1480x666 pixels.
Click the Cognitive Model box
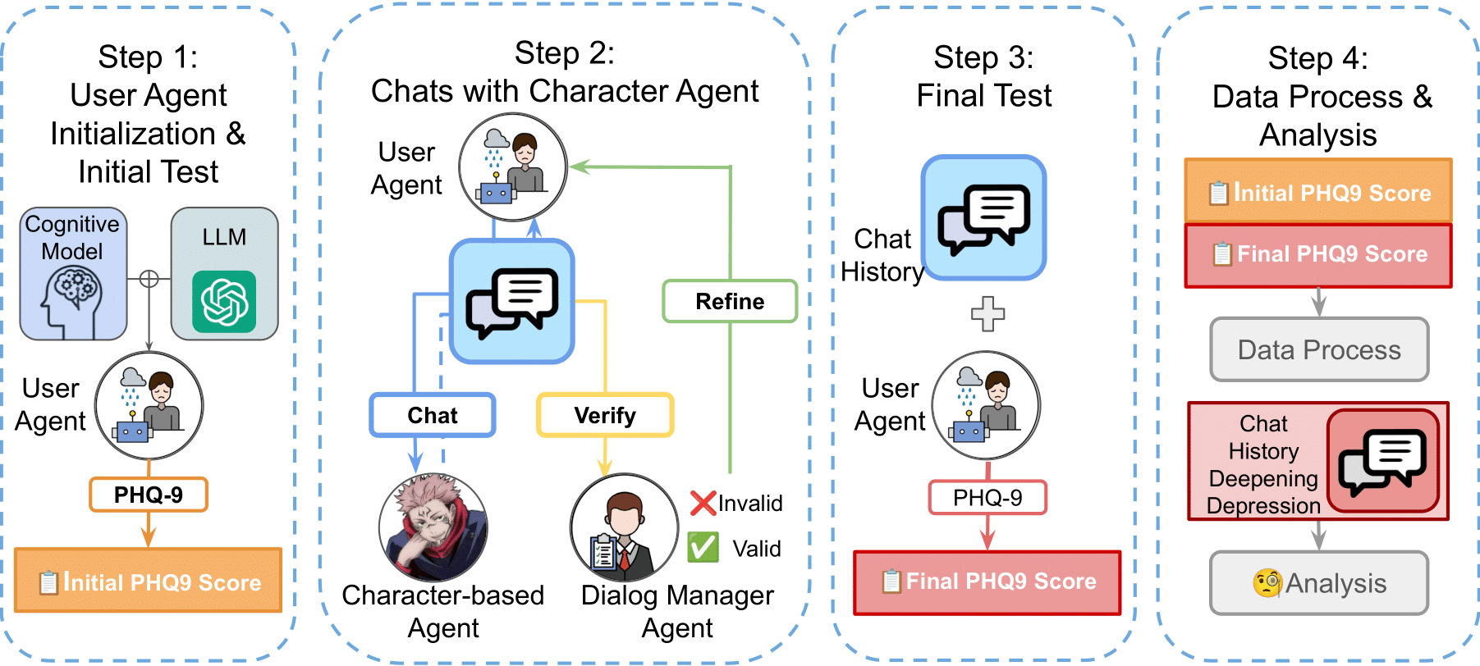(x=73, y=273)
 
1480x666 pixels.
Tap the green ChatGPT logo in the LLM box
(x=224, y=301)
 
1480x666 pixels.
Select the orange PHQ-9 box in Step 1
(x=148, y=495)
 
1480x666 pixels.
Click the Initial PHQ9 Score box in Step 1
(x=149, y=581)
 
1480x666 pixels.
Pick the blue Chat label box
(x=433, y=415)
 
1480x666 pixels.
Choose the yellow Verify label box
(x=605, y=415)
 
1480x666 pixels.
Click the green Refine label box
(x=730, y=301)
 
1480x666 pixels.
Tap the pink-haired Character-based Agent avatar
(x=433, y=527)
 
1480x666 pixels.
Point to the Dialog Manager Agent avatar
(x=624, y=527)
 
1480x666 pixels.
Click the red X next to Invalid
(x=703, y=503)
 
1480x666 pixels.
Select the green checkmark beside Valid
(x=703, y=547)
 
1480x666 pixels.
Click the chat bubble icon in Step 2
(x=511, y=302)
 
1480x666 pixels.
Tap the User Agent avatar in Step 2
(x=512, y=167)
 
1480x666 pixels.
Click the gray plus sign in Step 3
(x=987, y=313)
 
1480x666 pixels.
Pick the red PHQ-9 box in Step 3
(x=987, y=497)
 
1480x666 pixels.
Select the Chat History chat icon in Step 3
(x=983, y=218)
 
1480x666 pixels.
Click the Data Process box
(x=1319, y=349)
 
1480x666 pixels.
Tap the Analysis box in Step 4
(x=1319, y=583)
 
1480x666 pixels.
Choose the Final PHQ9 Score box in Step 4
(x=1318, y=255)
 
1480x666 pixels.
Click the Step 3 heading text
(x=983, y=76)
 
